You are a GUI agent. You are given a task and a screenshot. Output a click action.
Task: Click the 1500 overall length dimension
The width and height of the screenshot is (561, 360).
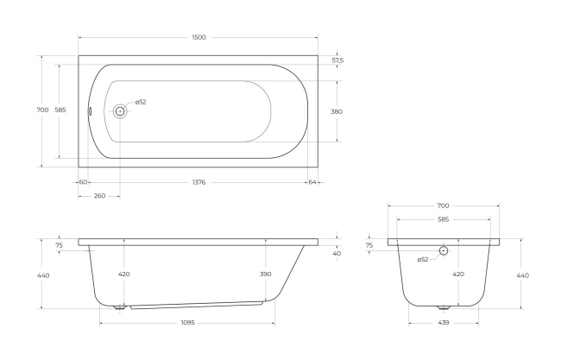(x=199, y=37)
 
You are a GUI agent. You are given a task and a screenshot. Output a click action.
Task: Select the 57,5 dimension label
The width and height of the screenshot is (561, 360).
(x=337, y=60)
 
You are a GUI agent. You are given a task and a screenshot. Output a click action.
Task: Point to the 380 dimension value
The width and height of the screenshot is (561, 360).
(x=337, y=111)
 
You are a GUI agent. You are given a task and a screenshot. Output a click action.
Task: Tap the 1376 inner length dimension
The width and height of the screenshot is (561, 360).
(x=199, y=182)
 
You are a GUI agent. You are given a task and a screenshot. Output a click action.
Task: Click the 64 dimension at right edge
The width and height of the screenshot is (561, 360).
(x=312, y=182)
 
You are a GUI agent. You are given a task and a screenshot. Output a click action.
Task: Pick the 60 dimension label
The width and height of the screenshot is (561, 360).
(x=83, y=182)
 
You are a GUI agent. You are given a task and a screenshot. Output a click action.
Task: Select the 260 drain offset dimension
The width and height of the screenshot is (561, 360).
(x=99, y=196)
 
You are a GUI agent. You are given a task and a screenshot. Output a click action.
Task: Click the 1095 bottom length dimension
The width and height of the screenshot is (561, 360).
(x=187, y=323)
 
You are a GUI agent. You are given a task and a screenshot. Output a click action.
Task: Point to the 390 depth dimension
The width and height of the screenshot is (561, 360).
(x=266, y=275)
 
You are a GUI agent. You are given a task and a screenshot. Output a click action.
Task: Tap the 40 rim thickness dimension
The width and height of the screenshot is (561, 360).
(x=337, y=253)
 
